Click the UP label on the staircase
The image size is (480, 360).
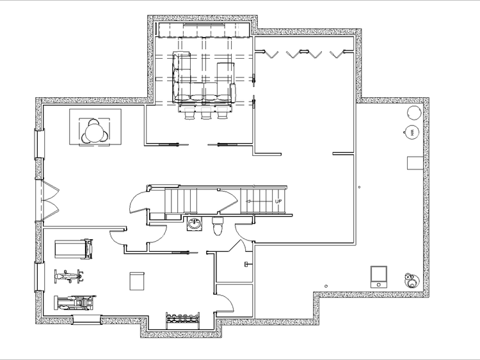coord(278,201)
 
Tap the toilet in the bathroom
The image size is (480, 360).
coord(218,226)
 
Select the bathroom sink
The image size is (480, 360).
coord(194,224)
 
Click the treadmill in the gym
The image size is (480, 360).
coord(74,249)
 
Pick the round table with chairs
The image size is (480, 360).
coord(95,132)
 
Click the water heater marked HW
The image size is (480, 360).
coord(412,132)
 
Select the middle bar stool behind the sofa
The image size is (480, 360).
coord(205,114)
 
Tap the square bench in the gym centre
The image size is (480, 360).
coord(137,281)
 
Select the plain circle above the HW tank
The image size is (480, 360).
coord(414,113)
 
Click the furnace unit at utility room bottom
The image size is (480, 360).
coord(380,276)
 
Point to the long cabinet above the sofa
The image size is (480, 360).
coord(202,31)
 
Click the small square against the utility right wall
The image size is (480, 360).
coord(414,162)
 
